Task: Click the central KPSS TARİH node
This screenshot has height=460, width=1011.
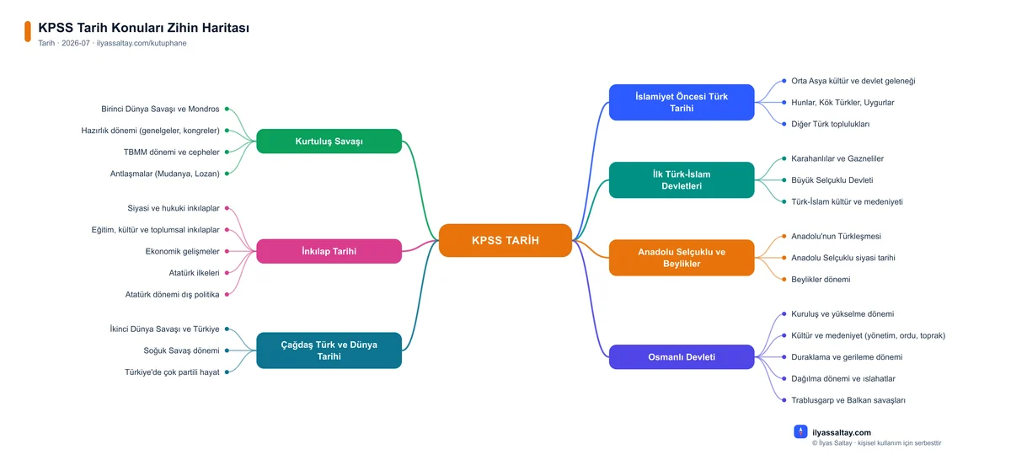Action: pyautogui.click(x=505, y=240)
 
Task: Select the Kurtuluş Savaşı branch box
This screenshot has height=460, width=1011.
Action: pyautogui.click(x=329, y=141)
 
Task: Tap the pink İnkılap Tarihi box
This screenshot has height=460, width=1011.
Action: pyautogui.click(x=329, y=251)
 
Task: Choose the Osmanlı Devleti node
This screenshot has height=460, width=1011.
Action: pyautogui.click(x=682, y=356)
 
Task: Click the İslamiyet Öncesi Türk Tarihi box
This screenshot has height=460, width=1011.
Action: pyautogui.click(x=682, y=102)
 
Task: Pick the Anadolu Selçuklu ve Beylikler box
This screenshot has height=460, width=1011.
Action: pyautogui.click(x=682, y=257)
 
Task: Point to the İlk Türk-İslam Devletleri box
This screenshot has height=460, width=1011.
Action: pyautogui.click(x=682, y=179)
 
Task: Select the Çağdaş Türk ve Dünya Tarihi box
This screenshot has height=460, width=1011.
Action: pyautogui.click(x=329, y=350)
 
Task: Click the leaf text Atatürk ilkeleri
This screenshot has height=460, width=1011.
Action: pyautogui.click(x=194, y=273)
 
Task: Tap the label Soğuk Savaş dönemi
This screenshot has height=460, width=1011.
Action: pyautogui.click(x=181, y=350)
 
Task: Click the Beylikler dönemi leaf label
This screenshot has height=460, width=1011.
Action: pyautogui.click(x=821, y=279)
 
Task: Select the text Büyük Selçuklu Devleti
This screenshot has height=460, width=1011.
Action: pyautogui.click(x=832, y=179)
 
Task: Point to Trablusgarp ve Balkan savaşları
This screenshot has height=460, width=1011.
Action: pyautogui.click(x=848, y=400)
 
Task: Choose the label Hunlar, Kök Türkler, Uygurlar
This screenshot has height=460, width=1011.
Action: pyautogui.click(x=842, y=102)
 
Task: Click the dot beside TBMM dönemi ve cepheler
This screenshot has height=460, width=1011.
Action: pyautogui.click(x=227, y=152)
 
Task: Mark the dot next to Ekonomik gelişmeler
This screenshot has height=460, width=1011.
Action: pyautogui.click(x=227, y=251)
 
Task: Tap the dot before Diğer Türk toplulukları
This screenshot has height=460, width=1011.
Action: pyautogui.click(x=784, y=124)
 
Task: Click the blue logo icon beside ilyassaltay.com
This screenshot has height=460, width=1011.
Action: pyautogui.click(x=800, y=431)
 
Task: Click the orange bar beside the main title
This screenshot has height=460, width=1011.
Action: pyautogui.click(x=28, y=32)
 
